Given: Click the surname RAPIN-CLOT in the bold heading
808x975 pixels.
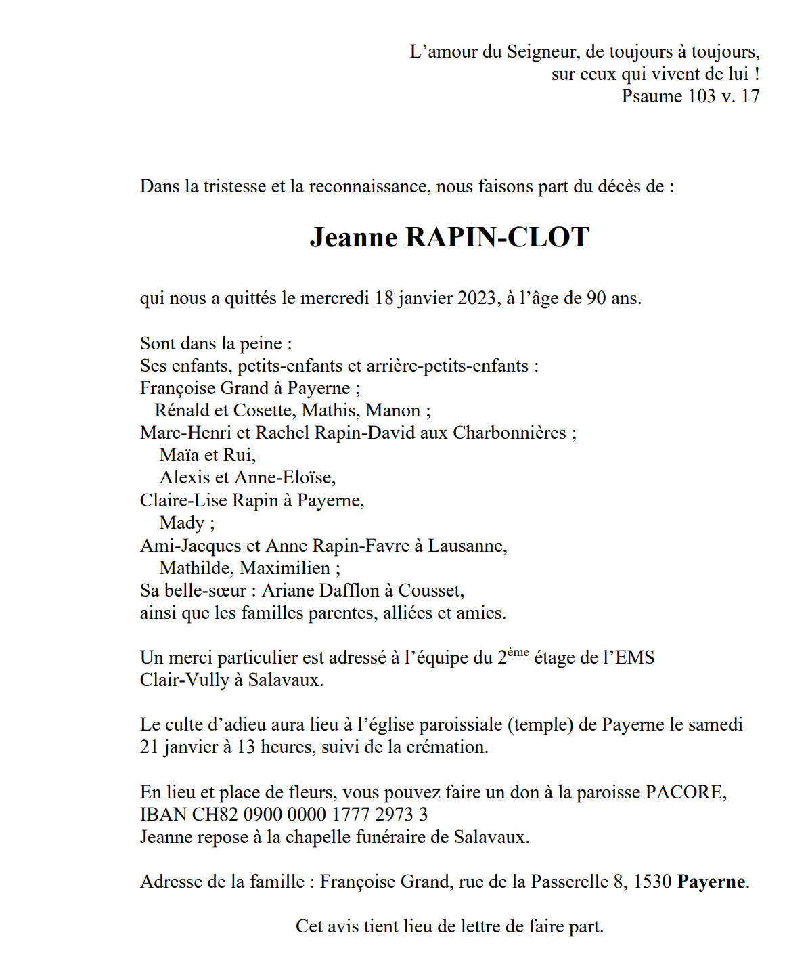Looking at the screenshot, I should [497, 238].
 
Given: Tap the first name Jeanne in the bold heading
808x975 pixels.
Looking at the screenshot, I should [353, 238].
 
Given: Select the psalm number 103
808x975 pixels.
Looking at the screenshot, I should [702, 96].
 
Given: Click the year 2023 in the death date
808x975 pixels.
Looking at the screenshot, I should [476, 298].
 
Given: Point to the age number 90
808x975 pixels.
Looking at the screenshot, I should [596, 298].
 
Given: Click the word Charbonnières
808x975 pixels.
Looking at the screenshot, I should [509, 433].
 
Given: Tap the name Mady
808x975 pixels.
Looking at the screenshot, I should [181, 523].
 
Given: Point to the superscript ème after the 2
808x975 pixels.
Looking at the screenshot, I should [518, 652].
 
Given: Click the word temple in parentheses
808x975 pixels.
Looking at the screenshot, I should [541, 724].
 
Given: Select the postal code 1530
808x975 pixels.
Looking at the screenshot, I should [652, 882].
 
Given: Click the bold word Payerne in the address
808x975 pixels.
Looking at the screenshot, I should [711, 882].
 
